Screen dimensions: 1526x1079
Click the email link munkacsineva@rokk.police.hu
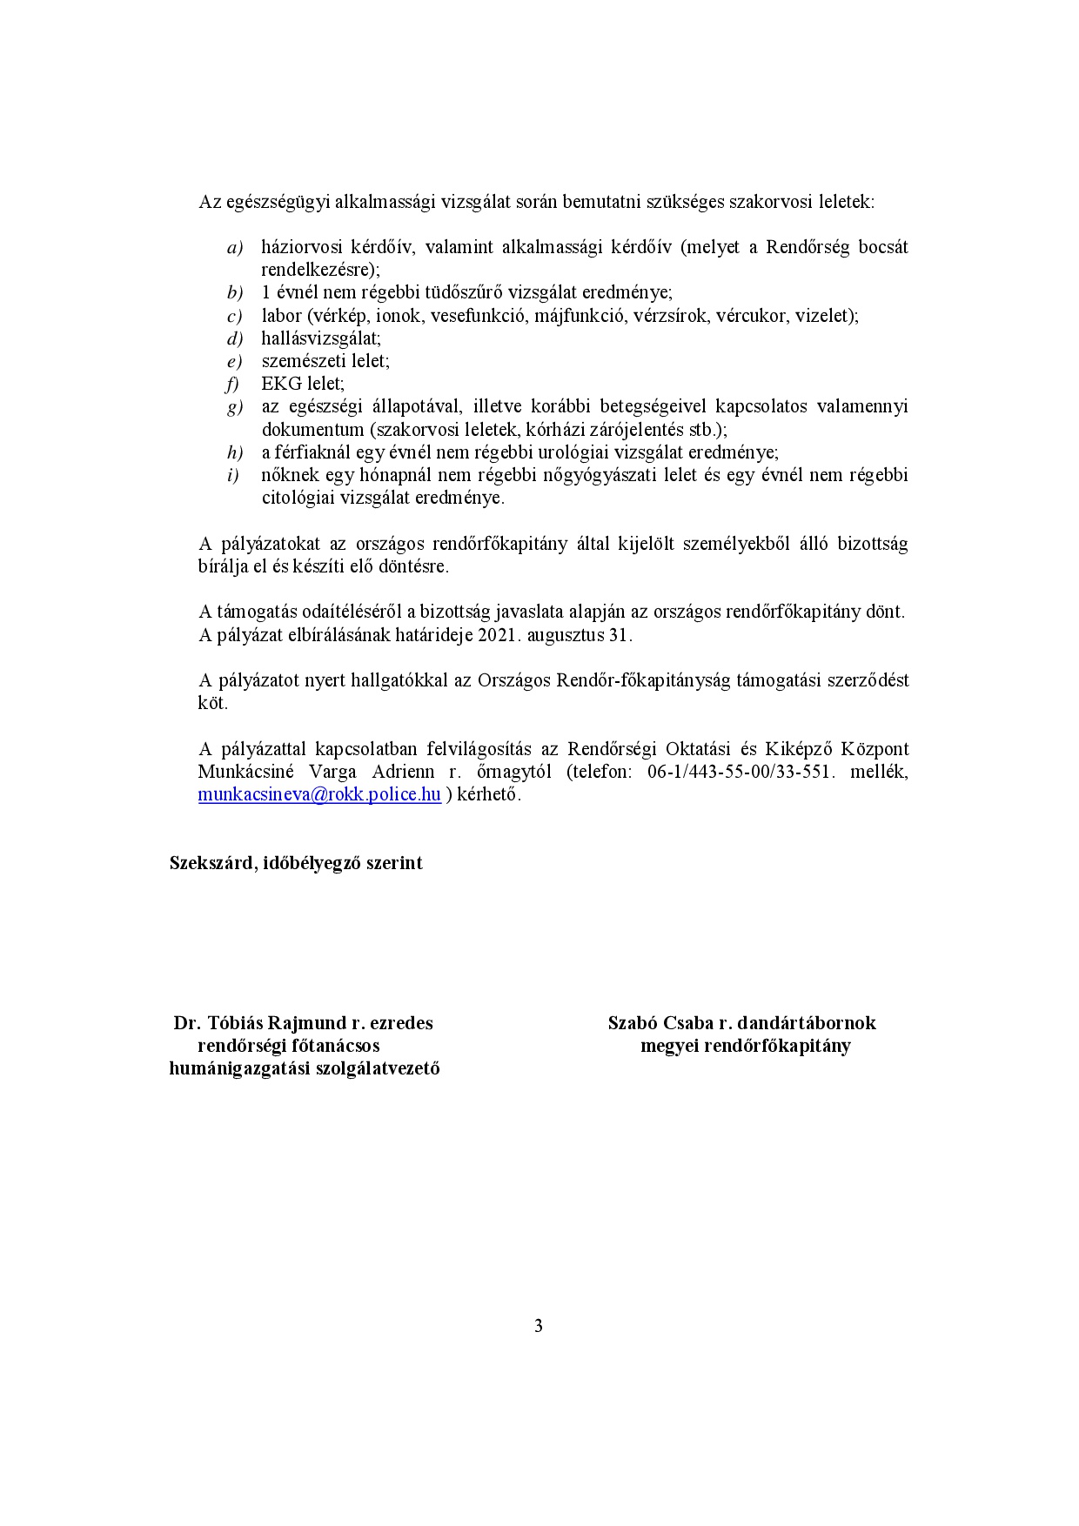[319, 794]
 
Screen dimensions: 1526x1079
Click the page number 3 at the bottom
[539, 1326]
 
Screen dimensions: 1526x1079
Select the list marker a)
[235, 248]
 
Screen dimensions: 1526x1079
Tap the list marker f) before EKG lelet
[232, 384]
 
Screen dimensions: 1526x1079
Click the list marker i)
[232, 475]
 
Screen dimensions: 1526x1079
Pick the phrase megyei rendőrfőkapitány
[745, 1046]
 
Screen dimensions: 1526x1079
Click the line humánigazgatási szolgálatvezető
[304, 1068]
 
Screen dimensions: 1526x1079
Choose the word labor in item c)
[281, 316]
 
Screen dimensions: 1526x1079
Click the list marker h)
[234, 452]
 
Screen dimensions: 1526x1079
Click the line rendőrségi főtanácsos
[289, 1046]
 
